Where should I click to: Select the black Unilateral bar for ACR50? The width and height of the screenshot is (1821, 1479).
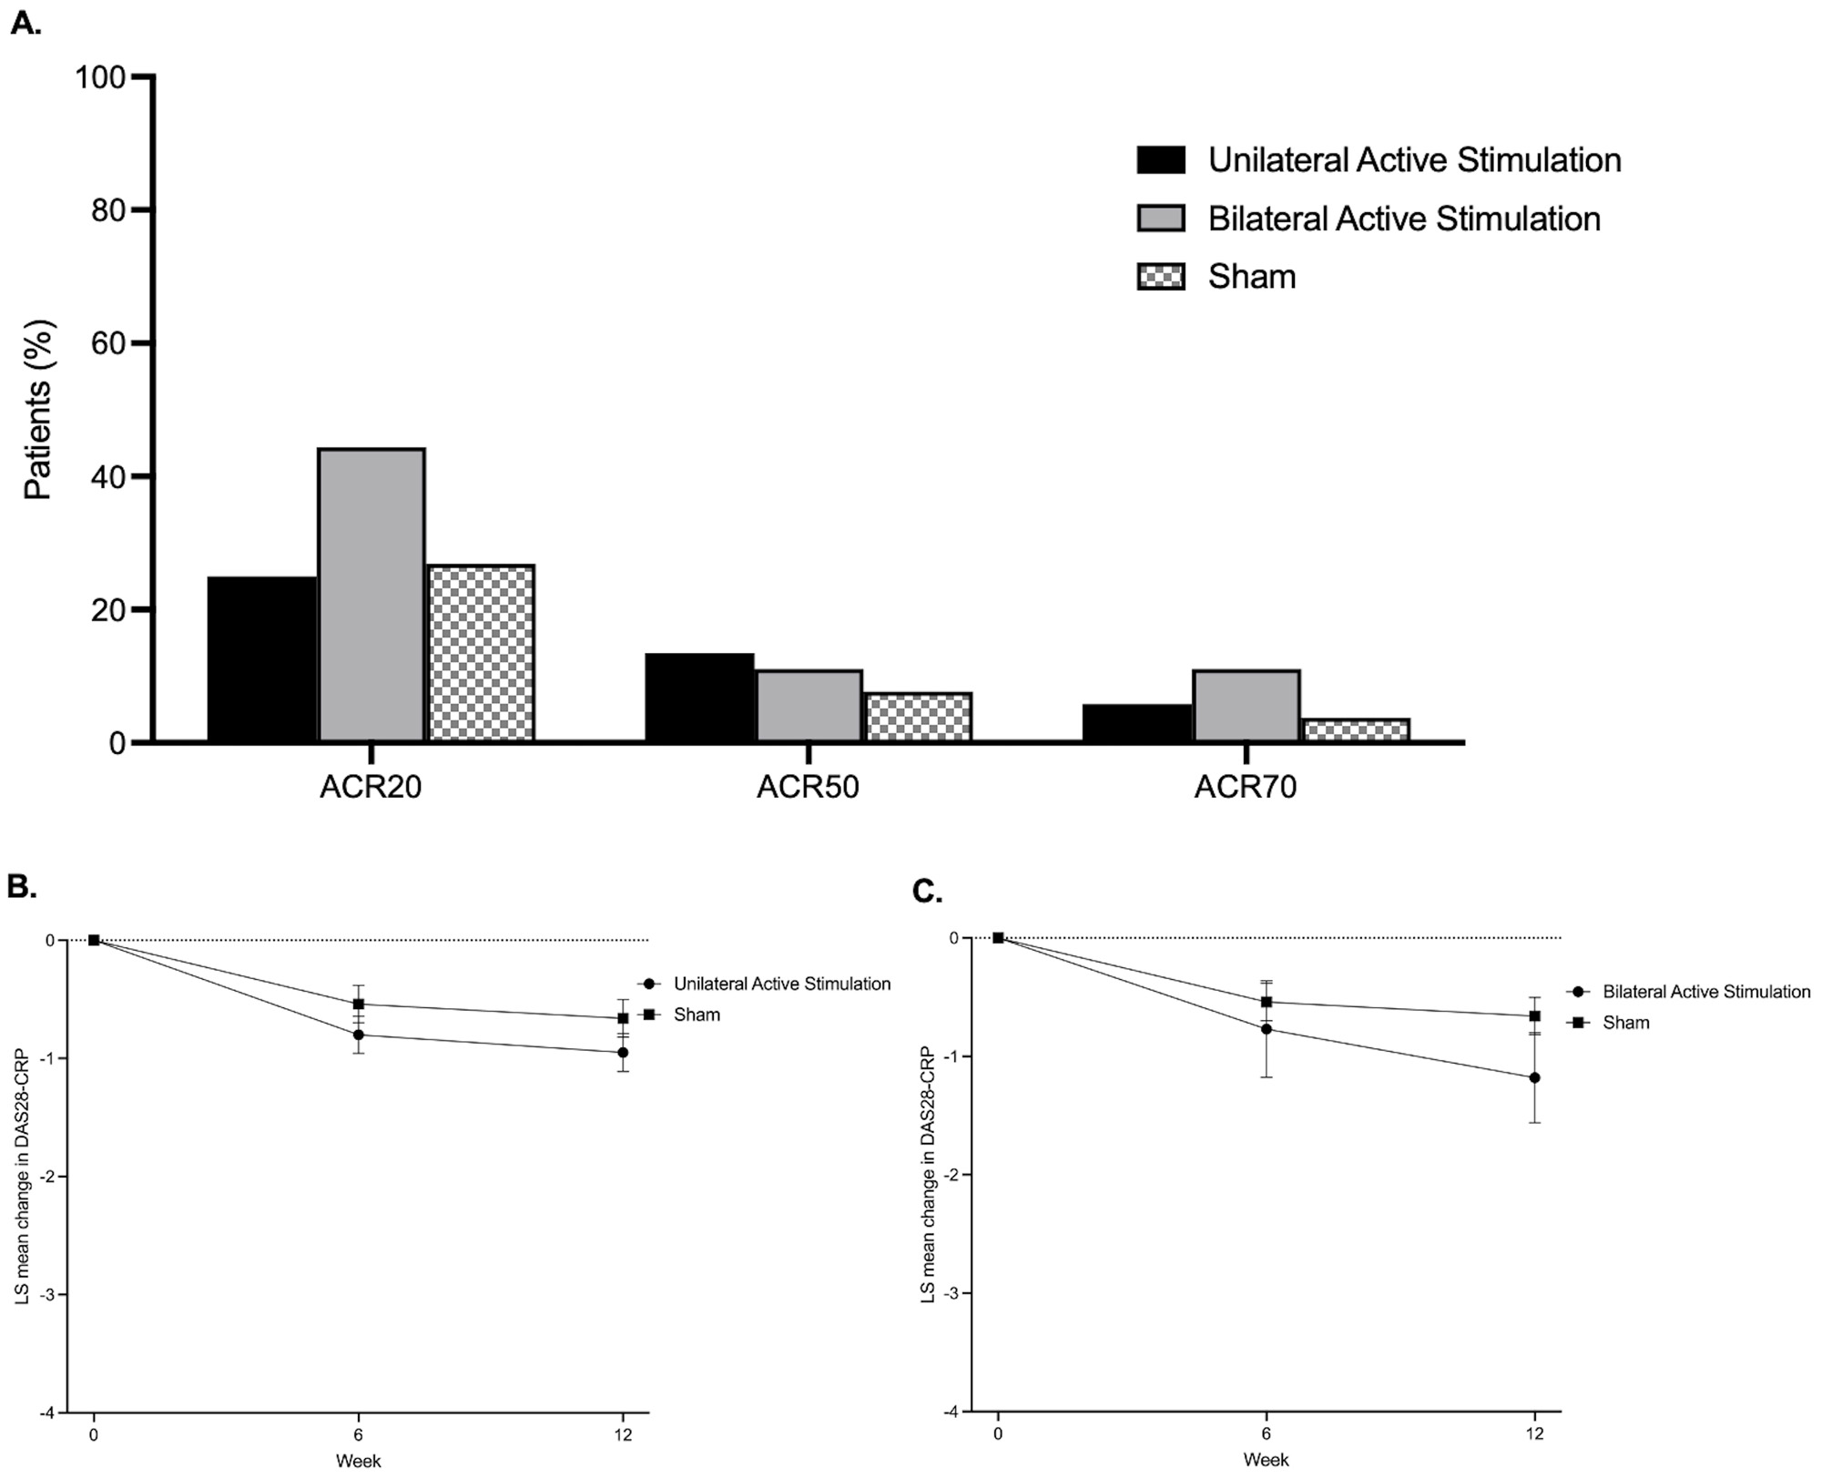pyautogui.click(x=699, y=698)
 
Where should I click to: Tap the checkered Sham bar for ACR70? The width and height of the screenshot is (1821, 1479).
pyautogui.click(x=1356, y=730)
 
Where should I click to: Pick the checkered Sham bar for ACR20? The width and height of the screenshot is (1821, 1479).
pyautogui.click(x=481, y=653)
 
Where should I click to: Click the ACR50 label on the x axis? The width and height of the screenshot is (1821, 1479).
pyautogui.click(x=808, y=787)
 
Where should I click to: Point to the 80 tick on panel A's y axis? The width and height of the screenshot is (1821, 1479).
pyautogui.click(x=107, y=210)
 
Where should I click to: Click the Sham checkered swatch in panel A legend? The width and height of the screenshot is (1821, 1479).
pyautogui.click(x=1161, y=277)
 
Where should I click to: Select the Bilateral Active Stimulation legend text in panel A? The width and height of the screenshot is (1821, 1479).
pyautogui.click(x=1404, y=219)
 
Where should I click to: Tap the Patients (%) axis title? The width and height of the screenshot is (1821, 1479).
pyautogui.click(x=38, y=410)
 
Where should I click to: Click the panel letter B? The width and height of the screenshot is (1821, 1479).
pyautogui.click(x=22, y=886)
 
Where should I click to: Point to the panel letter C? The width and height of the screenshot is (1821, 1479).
pyautogui.click(x=927, y=892)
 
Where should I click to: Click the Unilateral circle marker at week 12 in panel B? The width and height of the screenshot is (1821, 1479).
pyautogui.click(x=623, y=1053)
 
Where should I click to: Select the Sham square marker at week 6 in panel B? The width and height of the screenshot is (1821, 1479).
pyautogui.click(x=359, y=1005)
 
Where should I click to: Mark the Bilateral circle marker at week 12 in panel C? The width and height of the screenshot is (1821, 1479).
pyautogui.click(x=1534, y=1077)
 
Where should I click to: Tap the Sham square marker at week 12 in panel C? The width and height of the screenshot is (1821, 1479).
pyautogui.click(x=1534, y=1015)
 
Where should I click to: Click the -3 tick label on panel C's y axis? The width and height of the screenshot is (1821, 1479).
pyautogui.click(x=953, y=1293)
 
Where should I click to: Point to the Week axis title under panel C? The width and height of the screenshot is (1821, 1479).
pyautogui.click(x=1266, y=1461)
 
